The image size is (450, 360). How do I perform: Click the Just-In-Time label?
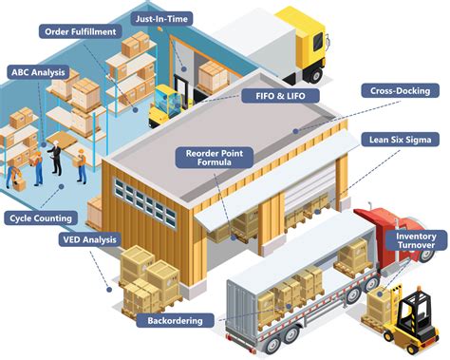[x=161, y=19]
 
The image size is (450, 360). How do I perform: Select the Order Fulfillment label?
[x=81, y=31]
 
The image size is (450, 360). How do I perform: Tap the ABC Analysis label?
[x=38, y=72]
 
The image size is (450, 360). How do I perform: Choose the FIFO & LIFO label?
[x=280, y=96]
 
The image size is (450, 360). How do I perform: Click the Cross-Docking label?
[x=401, y=91]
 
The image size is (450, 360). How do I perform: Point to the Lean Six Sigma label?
[x=401, y=140]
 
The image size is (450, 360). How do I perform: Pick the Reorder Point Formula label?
[x=215, y=158]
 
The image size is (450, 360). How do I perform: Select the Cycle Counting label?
[x=41, y=218]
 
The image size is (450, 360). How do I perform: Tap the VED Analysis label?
[x=90, y=239]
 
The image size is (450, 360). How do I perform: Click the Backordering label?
[x=175, y=320]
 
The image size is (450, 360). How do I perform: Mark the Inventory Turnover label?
[x=416, y=240]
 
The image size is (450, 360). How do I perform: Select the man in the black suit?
[x=56, y=158]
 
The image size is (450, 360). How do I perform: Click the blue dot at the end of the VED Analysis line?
[x=109, y=290]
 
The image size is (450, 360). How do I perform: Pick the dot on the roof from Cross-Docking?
[x=295, y=131]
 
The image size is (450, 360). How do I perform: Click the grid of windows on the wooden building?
[x=145, y=202]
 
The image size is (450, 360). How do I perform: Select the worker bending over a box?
[x=13, y=175]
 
